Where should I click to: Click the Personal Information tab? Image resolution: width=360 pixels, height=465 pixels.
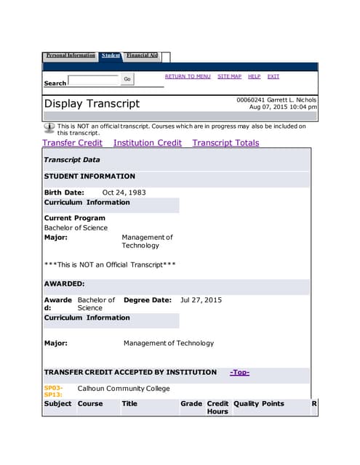71,55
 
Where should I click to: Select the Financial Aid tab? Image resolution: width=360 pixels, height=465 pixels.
141,55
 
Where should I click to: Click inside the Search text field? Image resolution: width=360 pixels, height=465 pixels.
92,81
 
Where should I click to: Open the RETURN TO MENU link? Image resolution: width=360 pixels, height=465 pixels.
188,76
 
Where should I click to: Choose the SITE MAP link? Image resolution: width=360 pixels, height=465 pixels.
229,76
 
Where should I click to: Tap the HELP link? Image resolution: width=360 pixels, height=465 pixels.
254,76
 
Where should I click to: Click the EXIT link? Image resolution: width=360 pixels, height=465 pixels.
273,76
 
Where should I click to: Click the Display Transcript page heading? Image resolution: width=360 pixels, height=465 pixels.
92,103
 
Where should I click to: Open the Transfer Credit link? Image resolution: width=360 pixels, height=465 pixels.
72,143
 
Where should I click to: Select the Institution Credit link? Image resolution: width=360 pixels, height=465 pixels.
148,143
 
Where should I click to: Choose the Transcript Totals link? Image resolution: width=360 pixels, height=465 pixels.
225,143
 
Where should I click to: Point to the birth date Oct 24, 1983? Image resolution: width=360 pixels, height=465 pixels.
124,193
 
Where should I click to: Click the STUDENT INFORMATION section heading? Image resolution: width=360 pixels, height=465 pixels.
89,176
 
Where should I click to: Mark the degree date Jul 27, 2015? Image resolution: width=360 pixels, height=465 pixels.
201,300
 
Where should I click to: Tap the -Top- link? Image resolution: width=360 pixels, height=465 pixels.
239,372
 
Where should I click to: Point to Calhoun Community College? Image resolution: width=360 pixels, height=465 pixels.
124,389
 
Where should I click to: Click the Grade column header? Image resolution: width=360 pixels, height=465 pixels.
191,403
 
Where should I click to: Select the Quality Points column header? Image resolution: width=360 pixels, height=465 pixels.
258,403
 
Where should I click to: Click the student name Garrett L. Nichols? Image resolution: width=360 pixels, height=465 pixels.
292,100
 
